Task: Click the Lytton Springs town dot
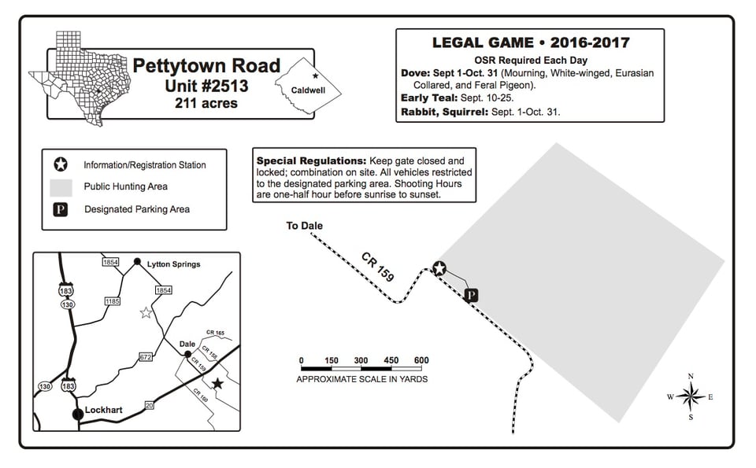tap(137, 261)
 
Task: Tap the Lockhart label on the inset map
tap(104, 411)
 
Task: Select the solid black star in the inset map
tap(217, 383)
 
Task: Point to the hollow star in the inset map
tap(146, 313)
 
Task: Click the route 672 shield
tap(146, 357)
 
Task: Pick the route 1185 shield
tap(113, 301)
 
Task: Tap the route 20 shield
tap(150, 405)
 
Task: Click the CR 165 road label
tap(216, 333)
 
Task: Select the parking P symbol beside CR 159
tap(472, 295)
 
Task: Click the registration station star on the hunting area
tap(439, 268)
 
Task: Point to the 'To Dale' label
tap(304, 225)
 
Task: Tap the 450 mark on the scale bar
tap(391, 360)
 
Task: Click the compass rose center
tap(691, 396)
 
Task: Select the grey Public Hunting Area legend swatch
tap(61, 188)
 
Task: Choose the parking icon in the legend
tap(61, 209)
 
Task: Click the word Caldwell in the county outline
tap(308, 90)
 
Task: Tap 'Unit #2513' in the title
tap(206, 86)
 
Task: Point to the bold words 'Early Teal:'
tap(429, 98)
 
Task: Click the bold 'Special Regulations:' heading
tap(312, 160)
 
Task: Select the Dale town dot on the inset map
tap(187, 354)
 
